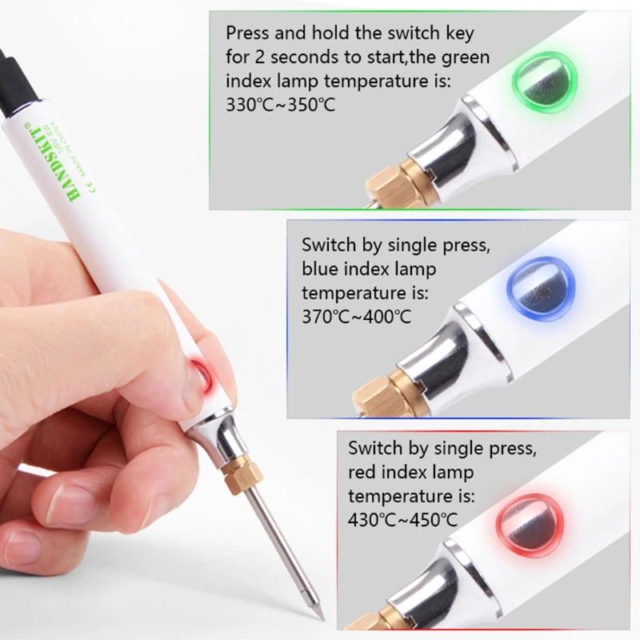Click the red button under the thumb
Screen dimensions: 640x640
(x=199, y=374)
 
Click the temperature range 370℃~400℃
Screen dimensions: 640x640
(x=356, y=317)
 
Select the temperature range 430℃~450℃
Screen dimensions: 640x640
(x=402, y=520)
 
